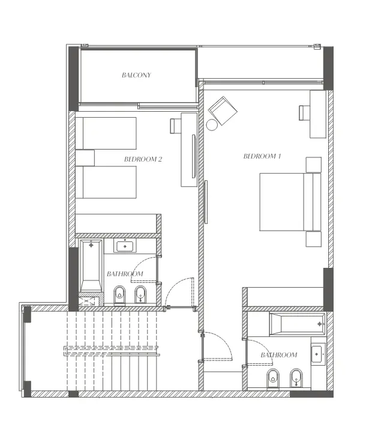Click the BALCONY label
pyautogui.click(x=136, y=76)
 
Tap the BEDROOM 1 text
pyautogui.click(x=262, y=156)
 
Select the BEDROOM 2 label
pyautogui.click(x=143, y=159)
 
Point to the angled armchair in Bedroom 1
pyautogui.click(x=223, y=111)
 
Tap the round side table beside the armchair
pyautogui.click(x=212, y=125)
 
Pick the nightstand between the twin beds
pyautogui.click(x=85, y=157)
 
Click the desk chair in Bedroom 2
pyautogui.click(x=175, y=126)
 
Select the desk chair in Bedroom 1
pyautogui.click(x=305, y=112)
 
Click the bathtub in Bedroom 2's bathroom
pyautogui.click(x=91, y=265)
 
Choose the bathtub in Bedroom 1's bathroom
pyautogui.click(x=297, y=324)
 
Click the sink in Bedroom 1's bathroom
pyautogui.click(x=317, y=354)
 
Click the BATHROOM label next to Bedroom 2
pyautogui.click(x=125, y=274)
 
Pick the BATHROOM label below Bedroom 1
pyautogui.click(x=278, y=355)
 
